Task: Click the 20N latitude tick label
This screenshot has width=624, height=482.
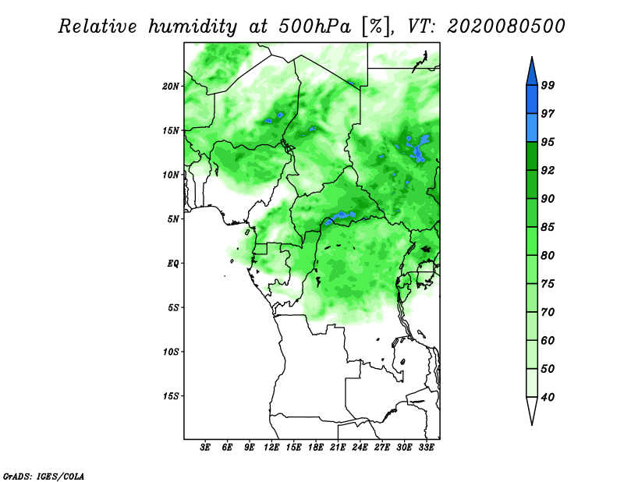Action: tap(171, 86)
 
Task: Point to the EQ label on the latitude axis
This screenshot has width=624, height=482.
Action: tap(172, 263)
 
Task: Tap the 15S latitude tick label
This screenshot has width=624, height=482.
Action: tap(171, 396)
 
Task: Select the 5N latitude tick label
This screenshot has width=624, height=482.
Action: tap(173, 219)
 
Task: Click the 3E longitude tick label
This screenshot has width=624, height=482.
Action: tap(205, 447)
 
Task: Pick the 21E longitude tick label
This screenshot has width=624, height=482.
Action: tap(338, 447)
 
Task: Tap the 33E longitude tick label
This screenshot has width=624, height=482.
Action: tap(426, 447)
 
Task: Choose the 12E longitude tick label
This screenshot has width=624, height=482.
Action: tap(271, 447)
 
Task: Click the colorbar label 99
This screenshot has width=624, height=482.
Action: tap(548, 85)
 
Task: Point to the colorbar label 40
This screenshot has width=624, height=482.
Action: tap(548, 397)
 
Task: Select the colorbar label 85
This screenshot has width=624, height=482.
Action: tap(548, 227)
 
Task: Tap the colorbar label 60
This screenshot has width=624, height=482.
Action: tap(548, 340)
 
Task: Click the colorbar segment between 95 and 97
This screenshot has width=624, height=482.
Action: tap(532, 128)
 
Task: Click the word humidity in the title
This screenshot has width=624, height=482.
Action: tap(193, 27)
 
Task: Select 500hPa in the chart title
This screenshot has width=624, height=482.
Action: tap(315, 27)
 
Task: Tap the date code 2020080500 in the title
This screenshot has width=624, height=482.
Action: tap(505, 27)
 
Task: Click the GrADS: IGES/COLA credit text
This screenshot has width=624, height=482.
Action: tap(44, 476)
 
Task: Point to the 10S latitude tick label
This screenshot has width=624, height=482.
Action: tap(171, 352)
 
